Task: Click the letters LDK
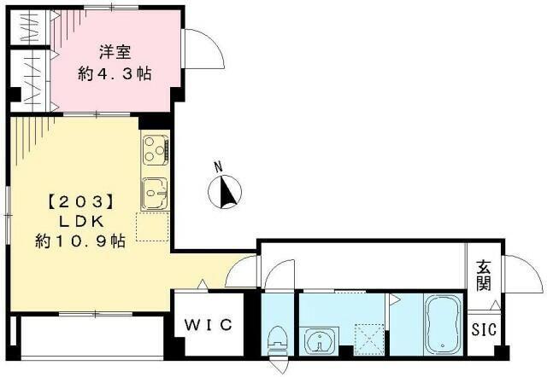coord(80,221)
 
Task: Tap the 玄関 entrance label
coord(483,273)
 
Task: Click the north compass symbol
coord(226,190)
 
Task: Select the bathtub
coord(442,324)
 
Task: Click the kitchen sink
coord(155,193)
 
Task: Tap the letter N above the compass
coord(218,166)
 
